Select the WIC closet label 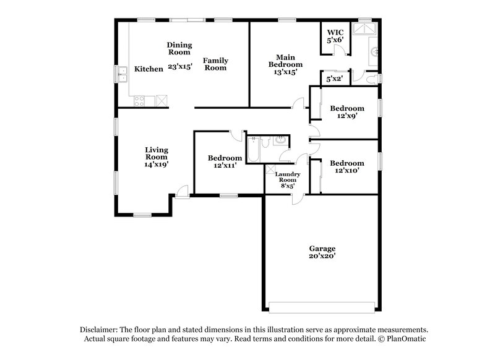click(x=335, y=32)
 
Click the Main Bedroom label click(x=285, y=61)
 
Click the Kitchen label click(x=148, y=69)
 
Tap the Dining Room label click(x=179, y=48)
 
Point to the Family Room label click(x=216, y=64)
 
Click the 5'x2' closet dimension click(x=335, y=78)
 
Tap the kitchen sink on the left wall click(x=121, y=78)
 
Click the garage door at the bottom click(x=322, y=305)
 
